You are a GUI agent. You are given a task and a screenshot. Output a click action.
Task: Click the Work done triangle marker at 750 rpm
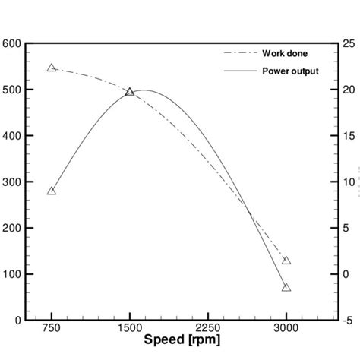[x=52, y=68]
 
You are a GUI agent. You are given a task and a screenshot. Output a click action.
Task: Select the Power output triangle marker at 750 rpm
[x=52, y=191]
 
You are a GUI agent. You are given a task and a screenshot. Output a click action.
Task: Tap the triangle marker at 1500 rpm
[x=130, y=92]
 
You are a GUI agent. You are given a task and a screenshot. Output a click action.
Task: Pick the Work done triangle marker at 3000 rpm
[x=286, y=261]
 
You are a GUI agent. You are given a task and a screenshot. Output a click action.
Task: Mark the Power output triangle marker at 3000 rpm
[x=286, y=288]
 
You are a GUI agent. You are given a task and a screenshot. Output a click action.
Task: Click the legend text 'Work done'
[x=285, y=53]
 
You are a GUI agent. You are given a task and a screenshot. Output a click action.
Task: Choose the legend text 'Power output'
[x=290, y=71]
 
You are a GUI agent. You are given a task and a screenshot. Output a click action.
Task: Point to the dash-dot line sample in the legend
[x=238, y=53]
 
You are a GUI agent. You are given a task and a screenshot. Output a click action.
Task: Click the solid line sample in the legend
[x=238, y=71]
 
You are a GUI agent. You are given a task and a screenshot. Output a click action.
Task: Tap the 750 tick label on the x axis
[x=52, y=330]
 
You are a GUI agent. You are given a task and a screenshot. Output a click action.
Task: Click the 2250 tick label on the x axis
[x=207, y=330]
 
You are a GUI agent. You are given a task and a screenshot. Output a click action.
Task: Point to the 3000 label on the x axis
[x=286, y=330]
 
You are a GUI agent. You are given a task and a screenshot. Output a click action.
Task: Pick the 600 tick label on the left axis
[x=13, y=44]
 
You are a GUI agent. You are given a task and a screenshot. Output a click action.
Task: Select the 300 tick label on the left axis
[x=13, y=182]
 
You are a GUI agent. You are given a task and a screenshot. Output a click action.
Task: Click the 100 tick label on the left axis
[x=13, y=274]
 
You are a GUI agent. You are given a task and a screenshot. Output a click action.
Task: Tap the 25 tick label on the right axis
[x=348, y=44]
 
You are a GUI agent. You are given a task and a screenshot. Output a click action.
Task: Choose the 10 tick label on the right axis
[x=348, y=182]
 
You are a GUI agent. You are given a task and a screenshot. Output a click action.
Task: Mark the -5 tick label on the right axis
[x=348, y=320]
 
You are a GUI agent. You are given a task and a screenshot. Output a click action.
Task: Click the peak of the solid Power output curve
[x=143, y=90]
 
